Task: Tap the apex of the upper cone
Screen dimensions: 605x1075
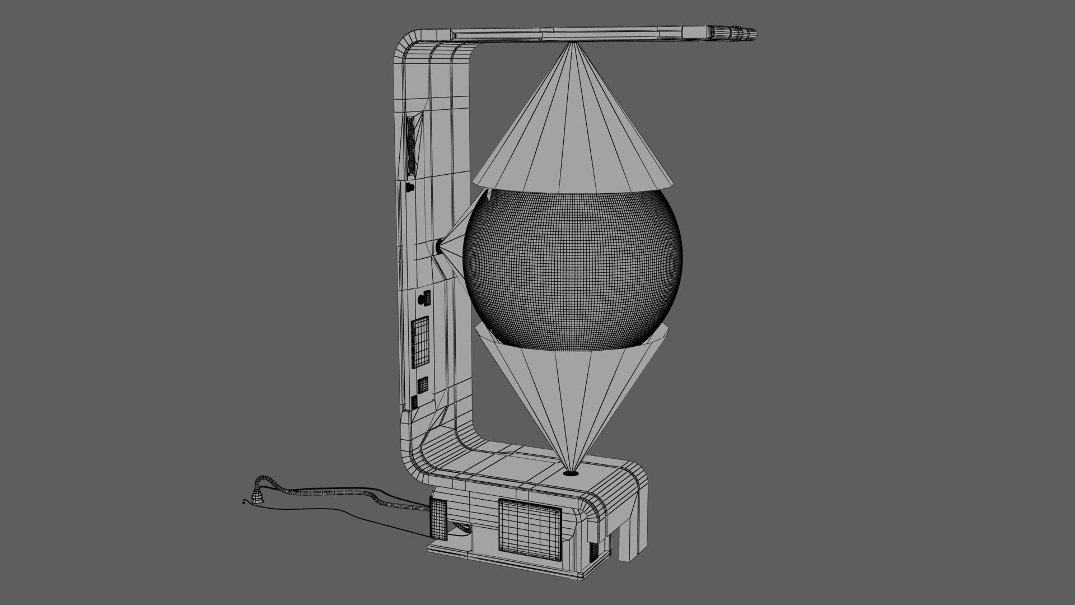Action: (572, 45)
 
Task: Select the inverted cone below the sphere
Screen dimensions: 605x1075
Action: (571, 392)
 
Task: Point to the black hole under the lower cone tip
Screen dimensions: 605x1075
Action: (571, 473)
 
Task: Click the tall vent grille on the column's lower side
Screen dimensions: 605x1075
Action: (420, 342)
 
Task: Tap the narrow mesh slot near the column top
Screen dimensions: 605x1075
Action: (413, 145)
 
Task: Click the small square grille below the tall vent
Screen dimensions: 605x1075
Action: (423, 385)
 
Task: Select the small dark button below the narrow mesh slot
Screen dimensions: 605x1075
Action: (410, 187)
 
